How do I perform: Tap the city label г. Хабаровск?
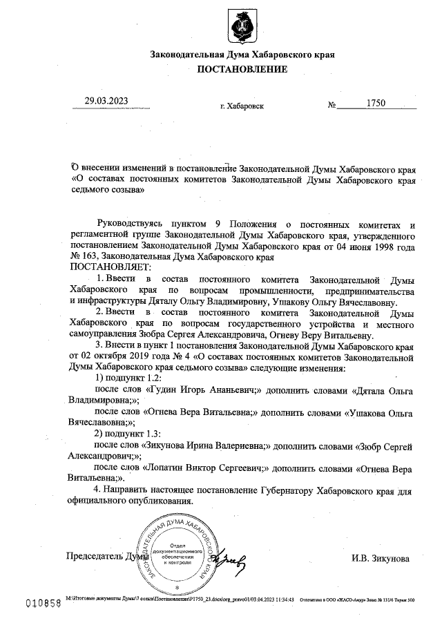pyautogui.click(x=241, y=107)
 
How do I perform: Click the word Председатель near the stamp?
pyautogui.click(x=93, y=556)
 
